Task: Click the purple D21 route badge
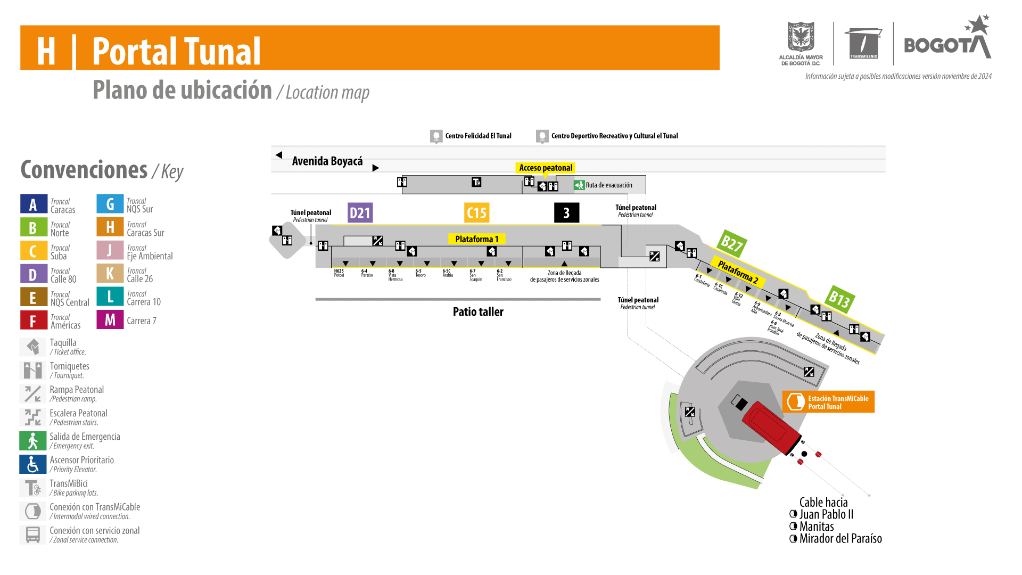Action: point(360,213)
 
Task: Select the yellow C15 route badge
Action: point(476,213)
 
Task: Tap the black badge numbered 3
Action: point(566,213)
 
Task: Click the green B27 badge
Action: point(731,244)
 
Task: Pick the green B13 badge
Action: point(840,299)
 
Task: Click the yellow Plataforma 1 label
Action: point(476,239)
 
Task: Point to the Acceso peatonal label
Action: point(545,168)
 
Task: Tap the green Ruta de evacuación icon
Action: point(579,185)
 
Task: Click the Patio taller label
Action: point(478,312)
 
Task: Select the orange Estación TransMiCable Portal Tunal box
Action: point(828,402)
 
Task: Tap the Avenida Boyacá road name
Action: point(327,161)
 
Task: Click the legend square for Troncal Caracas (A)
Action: point(34,204)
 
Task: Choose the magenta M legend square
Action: point(110,320)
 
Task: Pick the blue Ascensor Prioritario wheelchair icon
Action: point(33,464)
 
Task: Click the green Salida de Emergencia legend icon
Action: point(33,441)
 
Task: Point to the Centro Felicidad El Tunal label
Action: point(477,136)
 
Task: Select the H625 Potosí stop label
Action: point(339,273)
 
